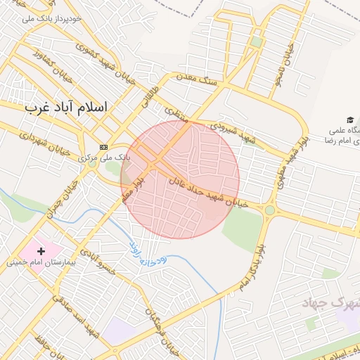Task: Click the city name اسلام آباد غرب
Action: tap(66, 108)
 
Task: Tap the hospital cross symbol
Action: tap(41, 250)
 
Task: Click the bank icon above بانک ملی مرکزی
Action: tap(104, 147)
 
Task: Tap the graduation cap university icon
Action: tap(349, 120)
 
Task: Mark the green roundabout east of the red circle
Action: tap(270, 210)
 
